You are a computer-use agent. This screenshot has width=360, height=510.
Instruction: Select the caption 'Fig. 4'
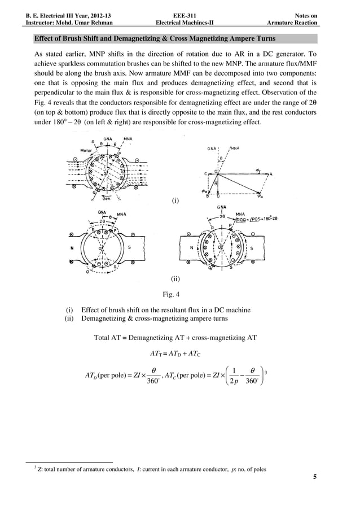(171, 294)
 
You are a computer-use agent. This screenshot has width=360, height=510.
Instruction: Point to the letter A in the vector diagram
(271, 174)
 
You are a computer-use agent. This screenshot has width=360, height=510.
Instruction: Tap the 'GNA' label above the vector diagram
(213, 149)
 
